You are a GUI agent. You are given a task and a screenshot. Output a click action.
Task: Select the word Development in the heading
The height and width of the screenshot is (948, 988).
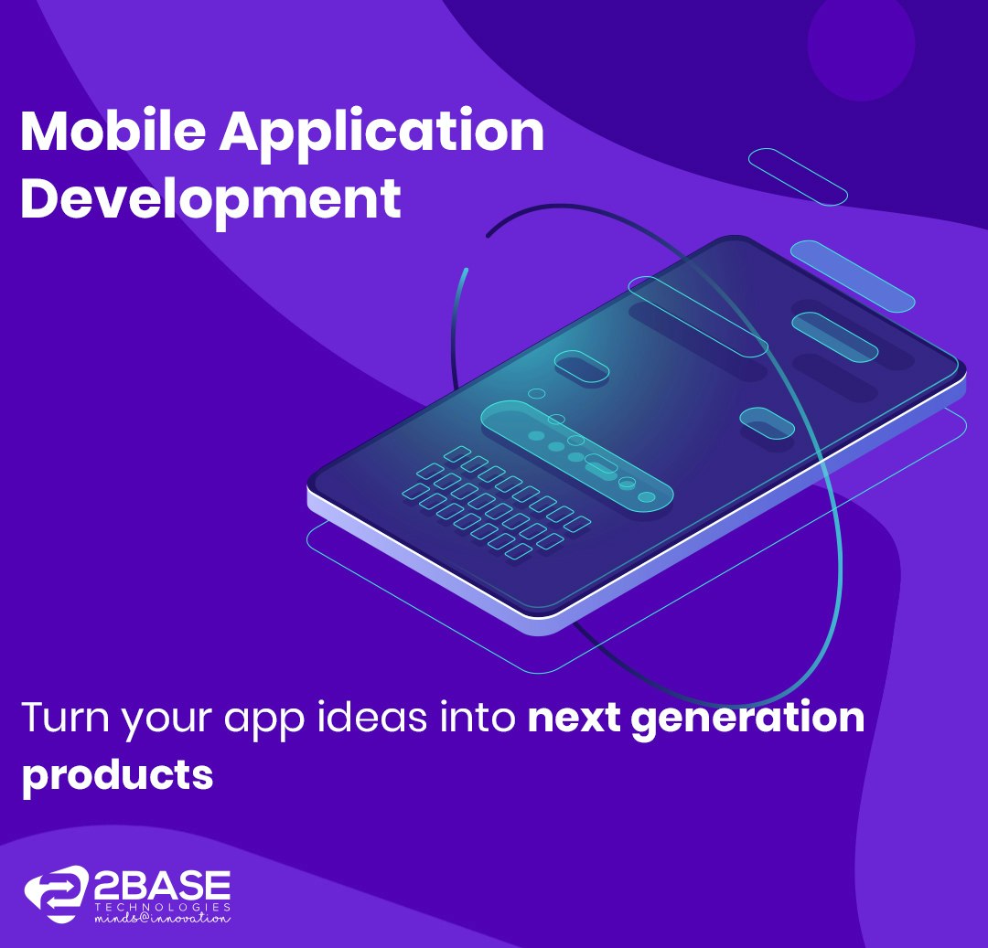210,200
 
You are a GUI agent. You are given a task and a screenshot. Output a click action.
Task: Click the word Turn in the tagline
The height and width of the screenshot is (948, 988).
59,718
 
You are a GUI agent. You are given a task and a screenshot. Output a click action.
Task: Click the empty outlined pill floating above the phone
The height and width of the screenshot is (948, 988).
798,176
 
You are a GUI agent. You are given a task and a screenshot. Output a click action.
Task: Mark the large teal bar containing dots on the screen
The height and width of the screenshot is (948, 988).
577,453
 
